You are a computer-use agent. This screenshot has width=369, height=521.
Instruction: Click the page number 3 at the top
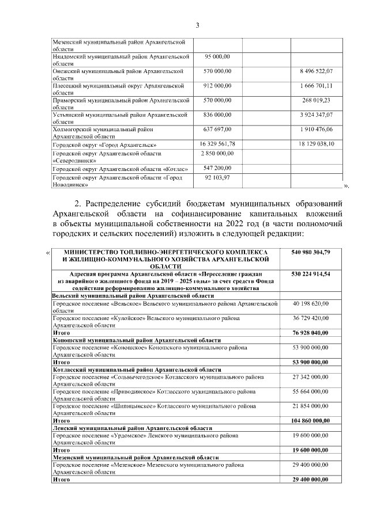click(197, 25)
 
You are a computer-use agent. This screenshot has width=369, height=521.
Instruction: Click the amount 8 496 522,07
click(317, 71)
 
